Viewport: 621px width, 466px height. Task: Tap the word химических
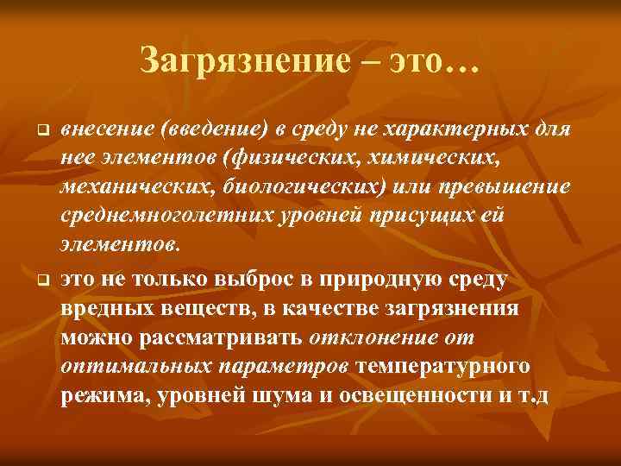[410, 161]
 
